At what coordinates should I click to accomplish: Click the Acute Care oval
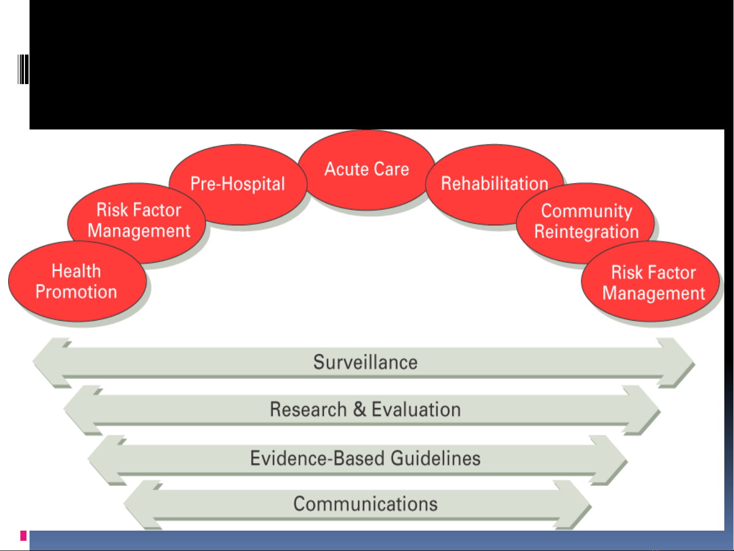367,170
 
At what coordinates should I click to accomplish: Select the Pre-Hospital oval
238,185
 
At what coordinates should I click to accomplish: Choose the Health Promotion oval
77,281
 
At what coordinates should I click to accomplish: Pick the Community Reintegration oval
585,222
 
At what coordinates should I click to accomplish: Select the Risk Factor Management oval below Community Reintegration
650,281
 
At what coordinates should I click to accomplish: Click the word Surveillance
365,362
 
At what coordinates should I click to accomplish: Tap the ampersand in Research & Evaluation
360,409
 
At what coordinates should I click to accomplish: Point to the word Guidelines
436,458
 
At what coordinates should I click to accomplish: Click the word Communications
365,504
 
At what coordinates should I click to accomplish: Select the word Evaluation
416,409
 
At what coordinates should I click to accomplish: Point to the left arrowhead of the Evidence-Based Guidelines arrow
106,460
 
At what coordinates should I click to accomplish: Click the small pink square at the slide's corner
23,536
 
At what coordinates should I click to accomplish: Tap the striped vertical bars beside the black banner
23,69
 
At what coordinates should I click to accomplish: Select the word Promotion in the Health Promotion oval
76,292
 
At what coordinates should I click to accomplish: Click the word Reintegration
586,232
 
